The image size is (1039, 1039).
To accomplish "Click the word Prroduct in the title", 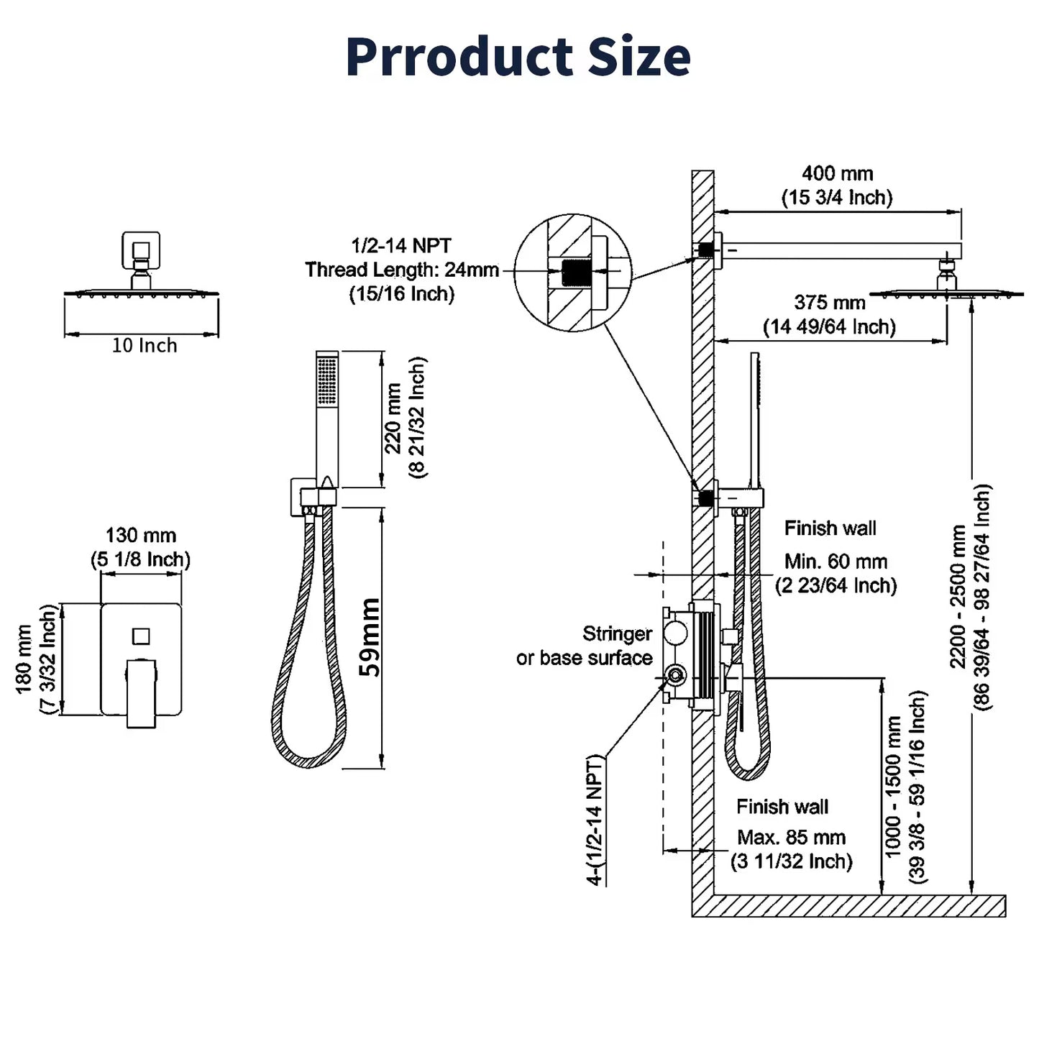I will coord(460,57).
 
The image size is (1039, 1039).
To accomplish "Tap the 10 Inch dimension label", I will coord(144,346).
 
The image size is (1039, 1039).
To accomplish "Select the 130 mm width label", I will coord(140,536).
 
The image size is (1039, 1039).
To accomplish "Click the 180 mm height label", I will coord(24,659).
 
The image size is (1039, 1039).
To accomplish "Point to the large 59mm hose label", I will coord(370,637).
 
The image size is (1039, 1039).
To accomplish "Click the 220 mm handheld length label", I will coord(393,418).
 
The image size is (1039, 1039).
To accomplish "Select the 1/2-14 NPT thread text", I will coord(401,246).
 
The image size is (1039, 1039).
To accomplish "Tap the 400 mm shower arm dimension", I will coord(837,174).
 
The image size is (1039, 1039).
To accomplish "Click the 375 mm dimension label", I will coord(829,303).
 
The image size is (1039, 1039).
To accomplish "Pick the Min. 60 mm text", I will coord(836,562).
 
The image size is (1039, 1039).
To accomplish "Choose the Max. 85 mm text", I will coord(791,838).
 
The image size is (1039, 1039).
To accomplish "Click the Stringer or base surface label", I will coord(584,646).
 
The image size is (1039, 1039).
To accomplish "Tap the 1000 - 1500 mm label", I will coord(892,787).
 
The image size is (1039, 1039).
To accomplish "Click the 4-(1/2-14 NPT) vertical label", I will coord(595,820).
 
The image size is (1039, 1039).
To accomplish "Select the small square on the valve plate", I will coord(141,636).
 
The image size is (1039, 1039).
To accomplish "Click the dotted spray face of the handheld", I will coord(326,380).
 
